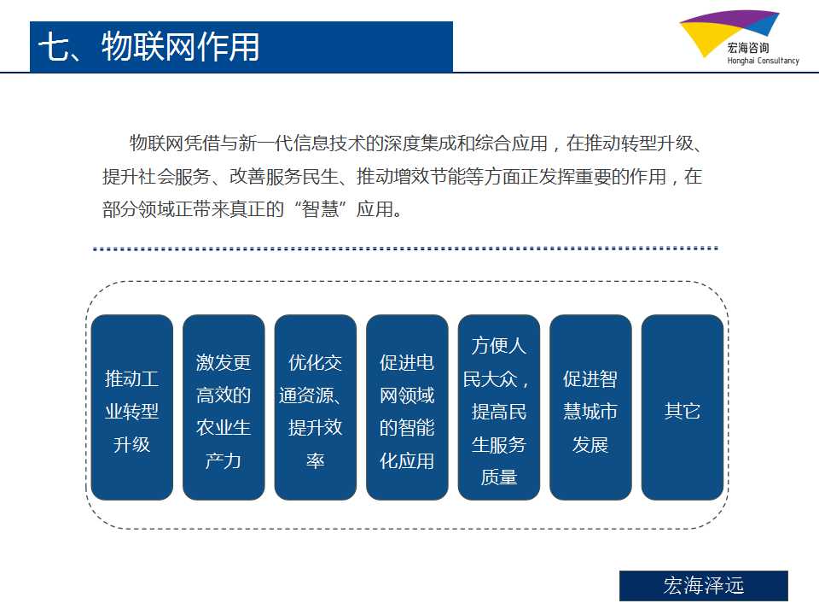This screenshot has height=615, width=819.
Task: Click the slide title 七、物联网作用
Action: click(148, 46)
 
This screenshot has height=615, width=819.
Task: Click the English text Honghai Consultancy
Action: click(763, 61)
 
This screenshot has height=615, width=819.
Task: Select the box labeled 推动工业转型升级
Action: click(131, 407)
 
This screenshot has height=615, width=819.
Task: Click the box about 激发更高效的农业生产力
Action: click(224, 407)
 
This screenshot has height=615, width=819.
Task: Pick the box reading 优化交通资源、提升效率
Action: click(316, 407)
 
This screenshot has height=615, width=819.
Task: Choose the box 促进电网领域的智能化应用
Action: click(407, 407)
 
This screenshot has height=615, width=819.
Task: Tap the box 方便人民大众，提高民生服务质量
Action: click(499, 407)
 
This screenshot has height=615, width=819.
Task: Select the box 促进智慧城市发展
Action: click(590, 407)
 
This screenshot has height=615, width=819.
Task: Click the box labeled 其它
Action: click(682, 407)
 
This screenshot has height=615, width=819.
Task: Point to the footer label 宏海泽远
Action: click(704, 585)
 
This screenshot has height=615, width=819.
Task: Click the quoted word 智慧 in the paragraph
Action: click(320, 209)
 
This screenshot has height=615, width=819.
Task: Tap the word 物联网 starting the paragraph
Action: click(156, 143)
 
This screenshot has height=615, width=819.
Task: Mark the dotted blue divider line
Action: click(405, 249)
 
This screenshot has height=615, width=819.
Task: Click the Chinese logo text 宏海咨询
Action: click(748, 48)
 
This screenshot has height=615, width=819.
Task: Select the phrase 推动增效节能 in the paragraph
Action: click(410, 177)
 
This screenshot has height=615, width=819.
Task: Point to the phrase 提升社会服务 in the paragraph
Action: click(157, 177)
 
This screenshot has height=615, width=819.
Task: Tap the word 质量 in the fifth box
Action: click(499, 477)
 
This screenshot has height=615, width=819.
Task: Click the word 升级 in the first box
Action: click(131, 444)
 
